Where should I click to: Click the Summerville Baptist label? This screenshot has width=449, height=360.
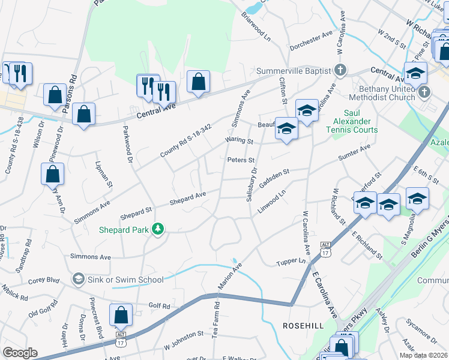point(294,71)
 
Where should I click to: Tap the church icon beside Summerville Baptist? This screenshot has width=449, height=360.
point(340,70)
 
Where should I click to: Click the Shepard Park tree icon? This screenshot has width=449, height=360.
point(158,229)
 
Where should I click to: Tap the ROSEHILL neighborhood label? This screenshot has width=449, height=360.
point(304,325)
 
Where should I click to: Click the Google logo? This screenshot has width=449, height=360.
point(20,353)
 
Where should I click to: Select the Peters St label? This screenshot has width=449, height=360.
point(241,160)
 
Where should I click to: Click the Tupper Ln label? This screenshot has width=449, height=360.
point(292,262)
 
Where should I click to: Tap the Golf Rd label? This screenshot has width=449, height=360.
point(160,306)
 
